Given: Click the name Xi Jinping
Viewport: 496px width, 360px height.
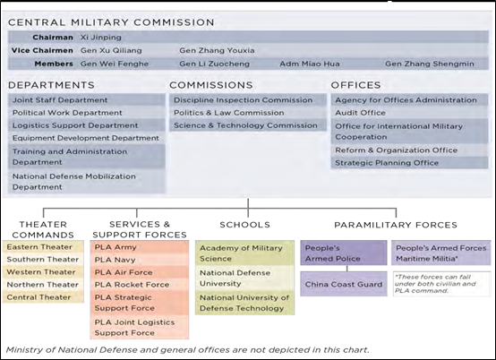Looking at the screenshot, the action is (100, 38).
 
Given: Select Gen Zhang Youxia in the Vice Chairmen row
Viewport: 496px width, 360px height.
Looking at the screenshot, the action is (217, 50).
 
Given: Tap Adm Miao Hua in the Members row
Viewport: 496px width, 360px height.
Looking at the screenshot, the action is (310, 64).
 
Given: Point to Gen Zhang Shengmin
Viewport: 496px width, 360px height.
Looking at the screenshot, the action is (430, 64).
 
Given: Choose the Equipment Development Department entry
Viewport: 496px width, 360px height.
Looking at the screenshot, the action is (86, 138).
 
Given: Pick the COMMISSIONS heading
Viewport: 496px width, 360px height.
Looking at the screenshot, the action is (211, 85).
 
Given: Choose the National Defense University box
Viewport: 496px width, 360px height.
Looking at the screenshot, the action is (244, 279).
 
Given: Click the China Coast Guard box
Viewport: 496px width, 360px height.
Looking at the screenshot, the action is (344, 284).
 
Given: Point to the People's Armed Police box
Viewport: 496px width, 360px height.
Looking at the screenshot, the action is (344, 253).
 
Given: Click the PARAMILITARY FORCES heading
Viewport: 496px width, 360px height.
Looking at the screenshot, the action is (396, 225).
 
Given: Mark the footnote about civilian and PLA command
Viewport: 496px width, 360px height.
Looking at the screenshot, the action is (441, 284).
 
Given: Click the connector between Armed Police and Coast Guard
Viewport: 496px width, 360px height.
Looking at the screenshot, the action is (347, 269).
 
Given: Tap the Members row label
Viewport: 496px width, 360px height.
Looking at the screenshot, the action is (54, 64).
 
